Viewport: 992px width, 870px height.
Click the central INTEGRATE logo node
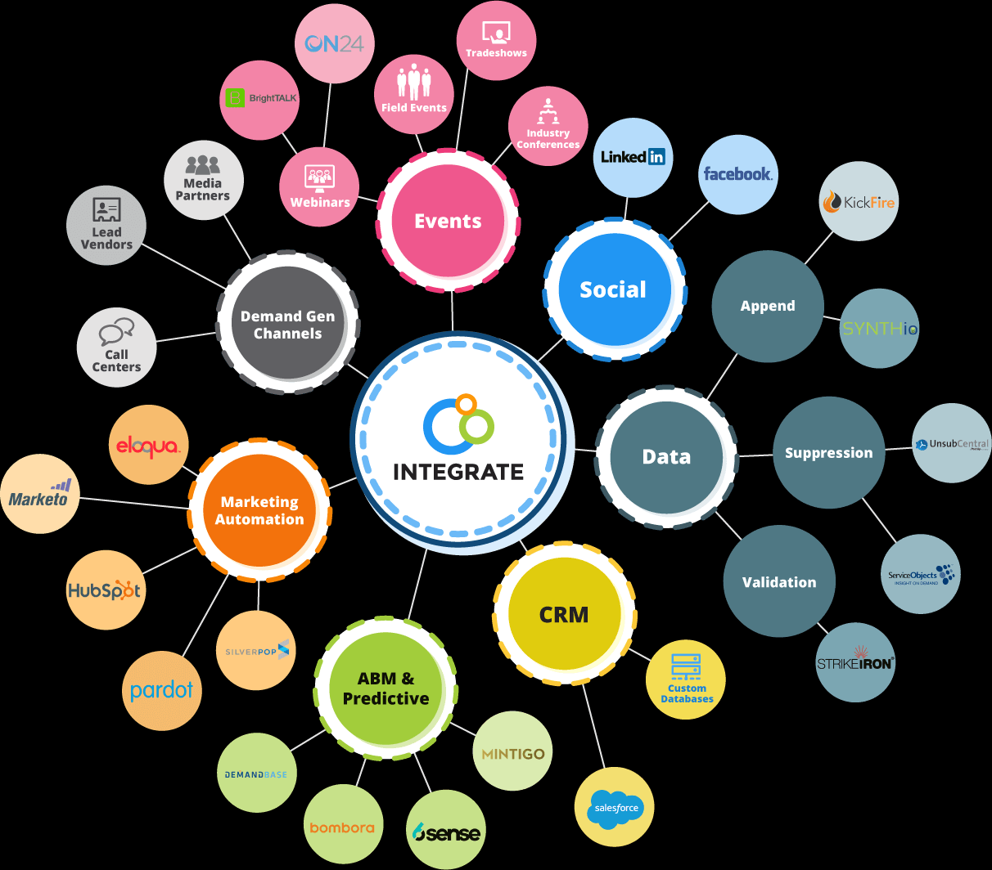[458, 442]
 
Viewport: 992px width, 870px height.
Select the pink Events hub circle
[448, 221]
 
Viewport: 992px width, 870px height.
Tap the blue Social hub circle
[613, 289]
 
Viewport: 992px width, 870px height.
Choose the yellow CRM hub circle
[564, 614]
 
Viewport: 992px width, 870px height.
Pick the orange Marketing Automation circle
[259, 510]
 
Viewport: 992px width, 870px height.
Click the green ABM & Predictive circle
[386, 688]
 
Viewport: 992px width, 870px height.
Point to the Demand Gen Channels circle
[287, 324]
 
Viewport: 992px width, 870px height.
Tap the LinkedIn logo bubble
[633, 157]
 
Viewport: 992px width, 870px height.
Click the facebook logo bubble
[737, 174]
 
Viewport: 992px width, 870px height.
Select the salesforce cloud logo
[616, 809]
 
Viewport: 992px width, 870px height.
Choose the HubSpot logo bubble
[105, 590]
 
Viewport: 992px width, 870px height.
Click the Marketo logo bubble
[39, 495]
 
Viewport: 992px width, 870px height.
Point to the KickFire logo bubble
[859, 201]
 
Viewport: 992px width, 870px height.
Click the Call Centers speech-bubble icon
[116, 333]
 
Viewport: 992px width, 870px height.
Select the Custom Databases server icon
[686, 667]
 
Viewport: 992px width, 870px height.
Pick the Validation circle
[779, 581]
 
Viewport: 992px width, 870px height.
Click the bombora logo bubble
[342, 826]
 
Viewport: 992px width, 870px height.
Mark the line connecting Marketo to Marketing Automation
[135, 502]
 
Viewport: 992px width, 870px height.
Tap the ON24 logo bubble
[334, 43]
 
